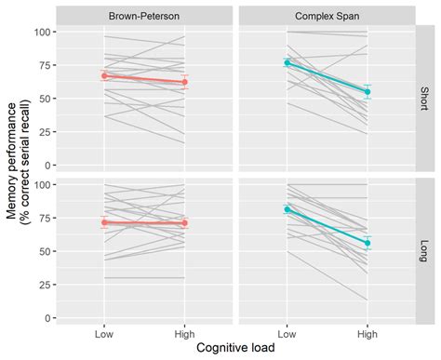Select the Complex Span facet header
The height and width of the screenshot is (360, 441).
coord(327,16)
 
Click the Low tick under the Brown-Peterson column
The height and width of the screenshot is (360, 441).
coord(104,331)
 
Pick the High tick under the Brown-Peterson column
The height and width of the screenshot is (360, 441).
coord(184,331)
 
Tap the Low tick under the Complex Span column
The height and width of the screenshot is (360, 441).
coord(287,331)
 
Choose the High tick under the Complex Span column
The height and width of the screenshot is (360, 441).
coord(367,331)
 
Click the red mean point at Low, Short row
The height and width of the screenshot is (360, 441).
coord(104,75)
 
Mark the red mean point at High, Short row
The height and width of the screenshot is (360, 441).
coord(184,82)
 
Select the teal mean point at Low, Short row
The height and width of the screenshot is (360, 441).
coord(287,62)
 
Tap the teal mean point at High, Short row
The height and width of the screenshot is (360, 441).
coord(367,92)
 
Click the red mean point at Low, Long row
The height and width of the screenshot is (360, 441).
coord(104,222)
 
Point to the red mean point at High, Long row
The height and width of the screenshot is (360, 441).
coord(184,223)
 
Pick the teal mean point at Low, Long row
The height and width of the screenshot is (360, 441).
coord(287,209)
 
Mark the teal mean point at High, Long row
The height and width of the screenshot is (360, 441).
coord(367,243)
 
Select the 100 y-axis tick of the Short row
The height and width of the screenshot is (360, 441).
coord(42,33)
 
